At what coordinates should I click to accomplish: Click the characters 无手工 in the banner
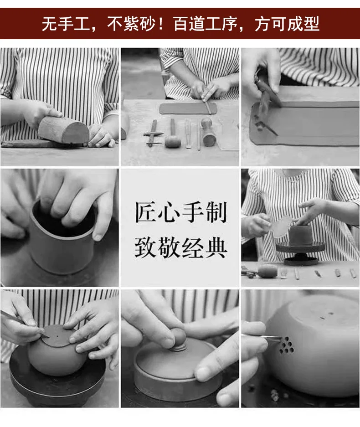(x=66, y=24)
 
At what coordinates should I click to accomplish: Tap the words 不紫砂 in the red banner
(x=131, y=24)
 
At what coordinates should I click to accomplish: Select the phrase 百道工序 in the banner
(x=205, y=24)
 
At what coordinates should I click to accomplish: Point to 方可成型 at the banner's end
(x=287, y=24)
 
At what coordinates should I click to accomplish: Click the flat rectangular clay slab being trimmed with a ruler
(x=188, y=108)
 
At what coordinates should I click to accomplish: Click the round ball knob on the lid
(x=178, y=338)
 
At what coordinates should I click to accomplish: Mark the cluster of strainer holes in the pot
(x=287, y=345)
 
